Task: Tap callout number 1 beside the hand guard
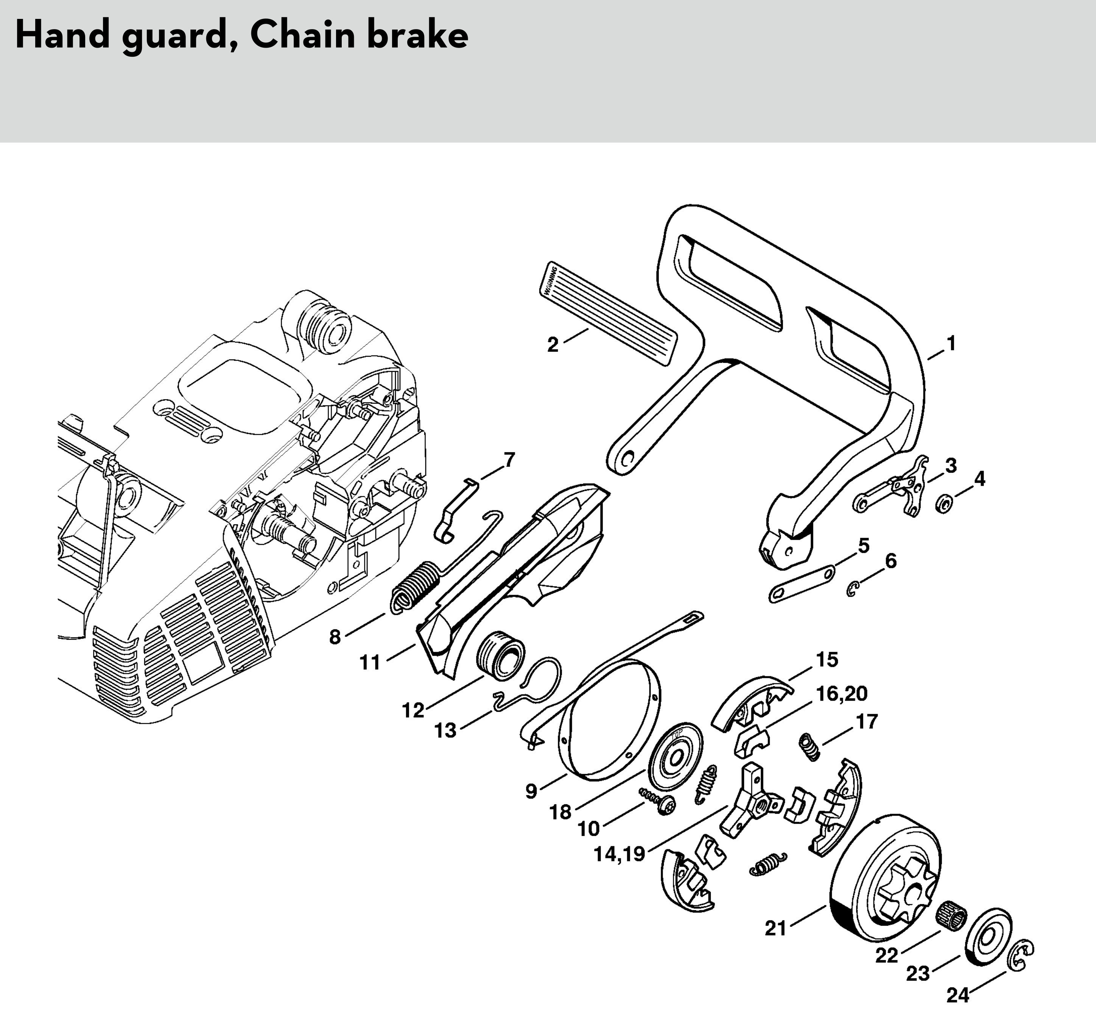click(950, 343)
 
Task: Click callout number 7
click(509, 460)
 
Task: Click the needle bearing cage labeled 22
click(952, 920)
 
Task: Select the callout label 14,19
click(619, 853)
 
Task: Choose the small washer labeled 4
click(944, 503)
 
